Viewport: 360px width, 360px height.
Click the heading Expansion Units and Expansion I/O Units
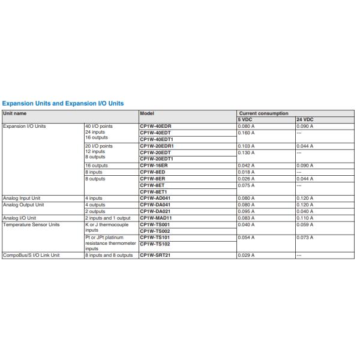(63, 103)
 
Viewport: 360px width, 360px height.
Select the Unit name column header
(15, 113)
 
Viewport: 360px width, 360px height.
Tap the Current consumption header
(263, 113)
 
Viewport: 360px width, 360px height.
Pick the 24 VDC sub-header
(305, 119)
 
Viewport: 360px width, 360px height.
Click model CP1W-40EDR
(156, 126)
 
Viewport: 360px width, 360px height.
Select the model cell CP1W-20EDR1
(157, 146)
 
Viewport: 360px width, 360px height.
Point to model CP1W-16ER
(155, 165)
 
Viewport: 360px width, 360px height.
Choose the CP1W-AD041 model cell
(156, 197)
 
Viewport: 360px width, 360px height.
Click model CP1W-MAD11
(156, 217)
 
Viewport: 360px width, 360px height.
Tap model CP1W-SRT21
(156, 255)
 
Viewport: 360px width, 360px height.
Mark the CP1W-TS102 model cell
(155, 244)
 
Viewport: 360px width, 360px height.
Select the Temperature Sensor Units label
(31, 224)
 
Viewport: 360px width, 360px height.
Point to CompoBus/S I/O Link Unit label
(31, 255)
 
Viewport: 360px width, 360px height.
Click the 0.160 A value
(247, 133)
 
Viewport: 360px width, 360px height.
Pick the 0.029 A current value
(247, 255)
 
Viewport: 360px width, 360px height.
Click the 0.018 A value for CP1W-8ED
(247, 172)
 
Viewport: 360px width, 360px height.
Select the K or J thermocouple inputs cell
(107, 227)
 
